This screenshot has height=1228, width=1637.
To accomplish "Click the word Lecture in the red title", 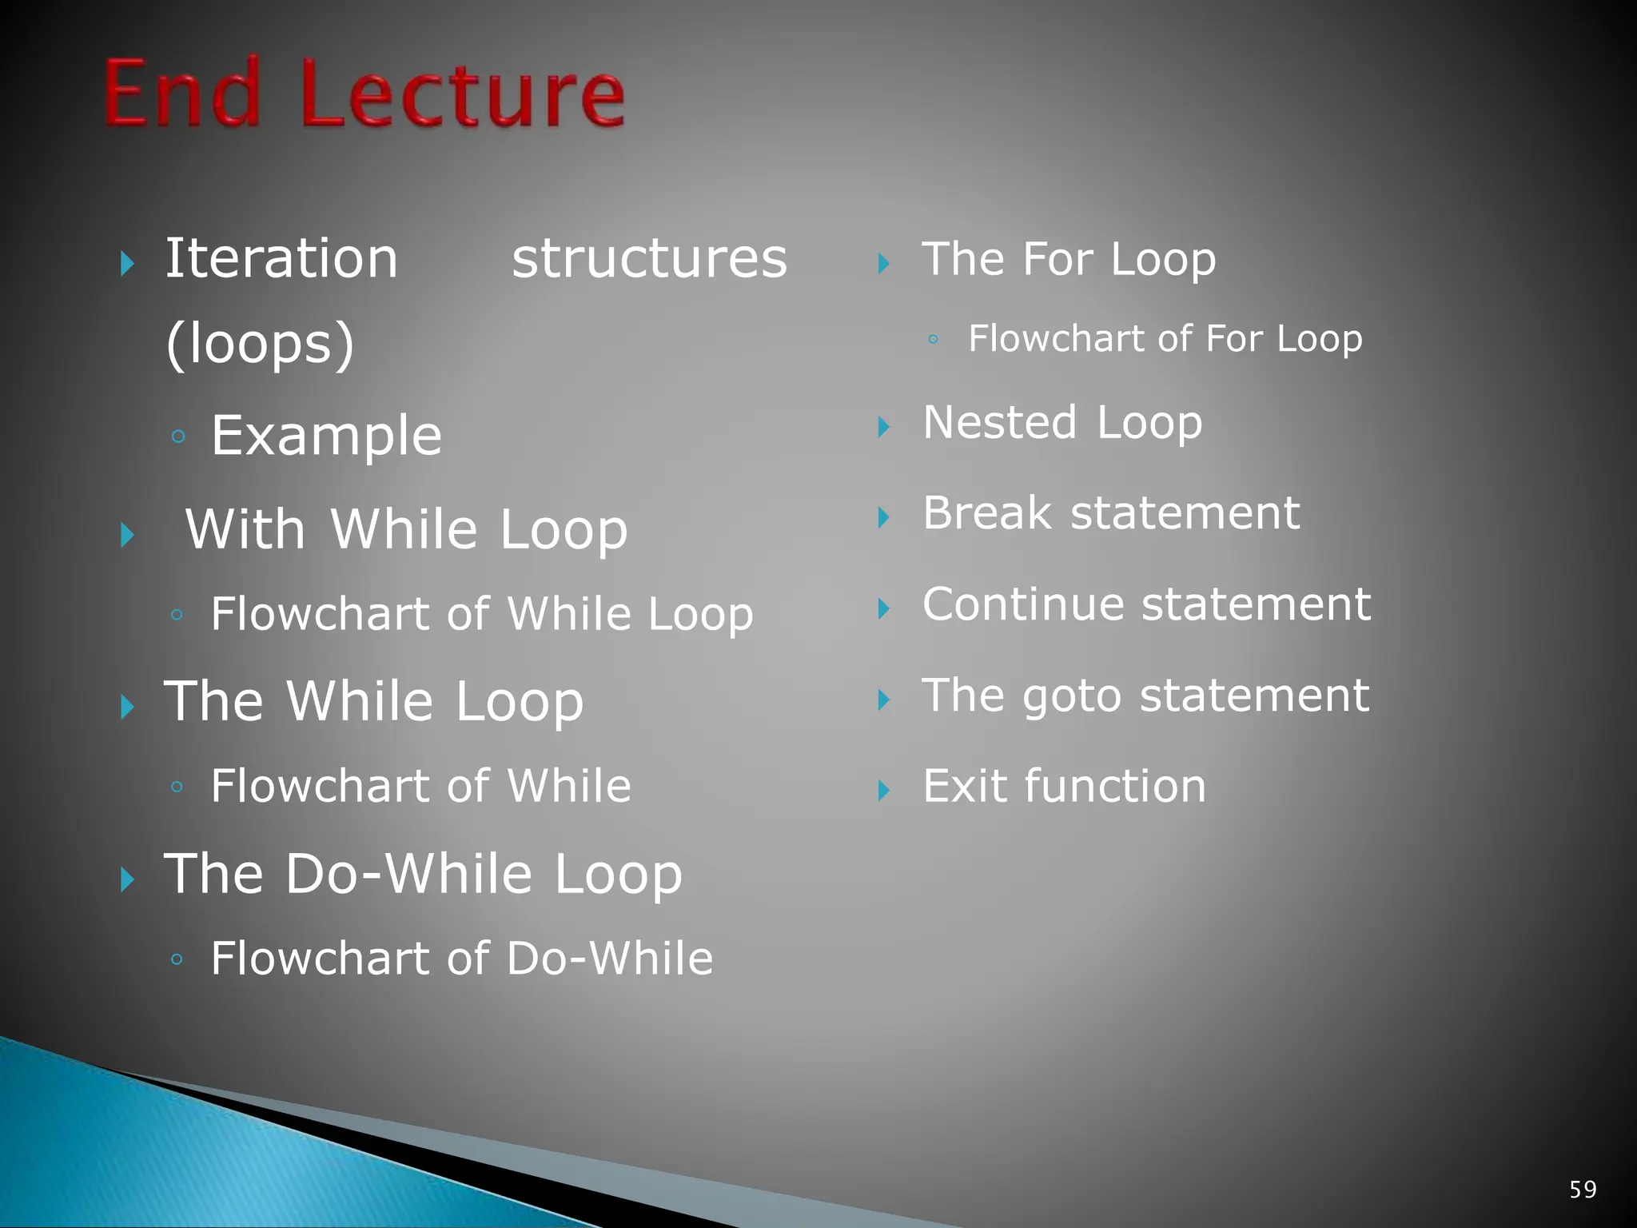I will coord(463,94).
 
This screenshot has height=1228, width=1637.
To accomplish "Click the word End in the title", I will coord(182,94).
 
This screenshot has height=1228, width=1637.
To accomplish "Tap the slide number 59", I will coord(1583,1190).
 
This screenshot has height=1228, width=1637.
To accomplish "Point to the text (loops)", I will coord(260,345).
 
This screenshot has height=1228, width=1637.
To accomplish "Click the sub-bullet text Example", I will coord(326,436).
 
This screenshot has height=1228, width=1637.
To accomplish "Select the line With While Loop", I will coord(406,529).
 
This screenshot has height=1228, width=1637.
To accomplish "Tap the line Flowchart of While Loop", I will coord(481,614).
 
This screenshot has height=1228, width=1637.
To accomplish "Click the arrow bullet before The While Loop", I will coord(127,707).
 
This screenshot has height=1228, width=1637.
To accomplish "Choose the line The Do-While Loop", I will coord(423,873).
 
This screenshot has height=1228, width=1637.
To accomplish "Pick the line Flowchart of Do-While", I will coord(461,958).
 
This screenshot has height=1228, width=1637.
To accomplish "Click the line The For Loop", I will coord(1069,259).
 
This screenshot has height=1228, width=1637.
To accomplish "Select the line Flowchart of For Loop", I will coord(1165,338).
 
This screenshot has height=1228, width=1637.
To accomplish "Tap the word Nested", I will coord(999,422).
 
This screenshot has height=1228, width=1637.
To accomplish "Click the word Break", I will coord(986,512).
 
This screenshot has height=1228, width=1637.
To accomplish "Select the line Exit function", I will coord(1064,786).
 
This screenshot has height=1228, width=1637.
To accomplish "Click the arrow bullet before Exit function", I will coord(883,791).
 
